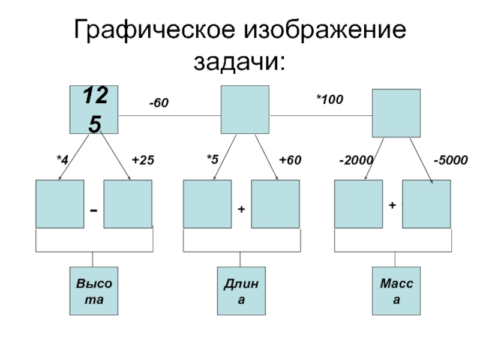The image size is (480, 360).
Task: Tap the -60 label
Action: click(x=159, y=104)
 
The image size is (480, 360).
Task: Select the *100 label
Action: click(x=329, y=99)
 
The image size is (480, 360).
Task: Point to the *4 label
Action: click(x=62, y=160)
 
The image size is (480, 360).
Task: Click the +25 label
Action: click(x=143, y=160)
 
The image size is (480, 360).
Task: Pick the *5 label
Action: click(x=212, y=160)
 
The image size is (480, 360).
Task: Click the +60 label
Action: click(x=290, y=160)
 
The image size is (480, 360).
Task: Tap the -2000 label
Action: click(x=356, y=160)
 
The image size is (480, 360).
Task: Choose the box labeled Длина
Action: click(x=241, y=291)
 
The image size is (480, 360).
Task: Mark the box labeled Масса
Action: click(x=395, y=291)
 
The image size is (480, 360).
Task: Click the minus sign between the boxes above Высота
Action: click(x=94, y=211)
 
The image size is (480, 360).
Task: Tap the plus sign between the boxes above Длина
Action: click(x=241, y=210)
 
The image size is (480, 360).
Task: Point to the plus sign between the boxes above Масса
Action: click(x=392, y=205)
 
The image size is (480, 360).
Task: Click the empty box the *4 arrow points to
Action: click(x=59, y=204)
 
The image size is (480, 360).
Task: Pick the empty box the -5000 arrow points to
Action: click(x=426, y=204)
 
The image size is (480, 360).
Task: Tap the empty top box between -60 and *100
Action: click(x=245, y=109)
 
